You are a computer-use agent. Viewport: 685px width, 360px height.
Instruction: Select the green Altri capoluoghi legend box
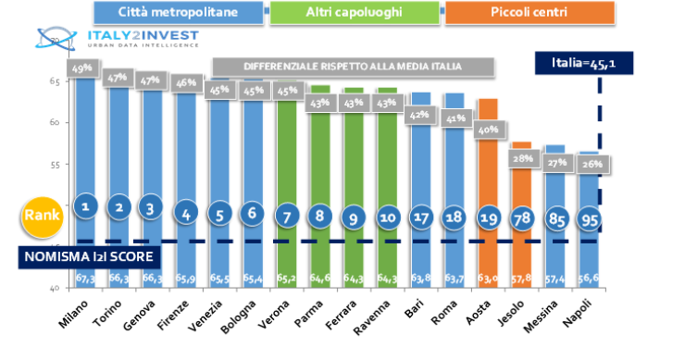pyautogui.click(x=352, y=14)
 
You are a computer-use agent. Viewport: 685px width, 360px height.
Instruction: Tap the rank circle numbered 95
pyautogui.click(x=589, y=219)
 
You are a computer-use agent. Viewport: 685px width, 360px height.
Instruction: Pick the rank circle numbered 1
pyautogui.click(x=84, y=207)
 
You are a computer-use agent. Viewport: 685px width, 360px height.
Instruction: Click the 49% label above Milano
pyautogui.click(x=83, y=68)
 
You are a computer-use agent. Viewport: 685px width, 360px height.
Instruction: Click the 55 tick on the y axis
pyautogui.click(x=55, y=164)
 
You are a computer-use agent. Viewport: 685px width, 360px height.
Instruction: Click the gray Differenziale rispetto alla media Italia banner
pyautogui.click(x=352, y=67)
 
